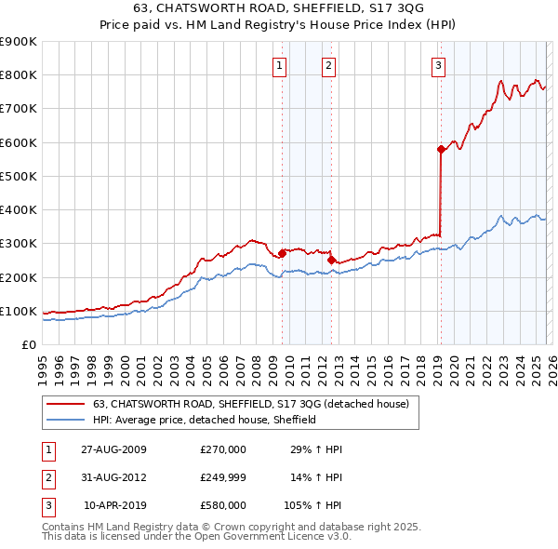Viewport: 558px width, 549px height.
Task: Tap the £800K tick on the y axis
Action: tap(18, 75)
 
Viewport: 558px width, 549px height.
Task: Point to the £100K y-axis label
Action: tap(18, 312)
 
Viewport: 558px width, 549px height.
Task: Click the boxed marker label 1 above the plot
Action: tap(280, 65)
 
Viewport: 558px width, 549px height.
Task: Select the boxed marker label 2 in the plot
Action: tap(329, 65)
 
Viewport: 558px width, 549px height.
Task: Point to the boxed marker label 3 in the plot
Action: tap(438, 65)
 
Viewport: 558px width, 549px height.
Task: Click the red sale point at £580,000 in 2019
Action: tap(441, 149)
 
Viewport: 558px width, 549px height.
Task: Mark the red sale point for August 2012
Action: tap(331, 261)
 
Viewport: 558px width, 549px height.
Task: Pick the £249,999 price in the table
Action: tap(223, 477)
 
